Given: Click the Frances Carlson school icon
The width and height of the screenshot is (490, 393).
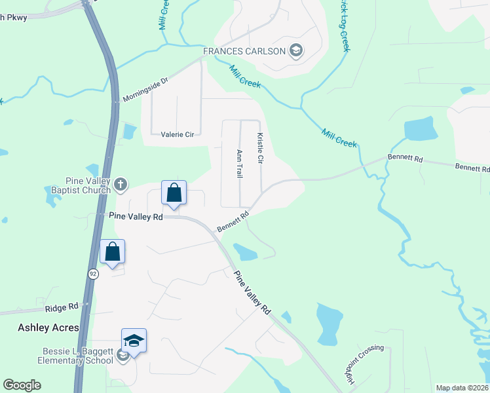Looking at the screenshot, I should coord(295,51).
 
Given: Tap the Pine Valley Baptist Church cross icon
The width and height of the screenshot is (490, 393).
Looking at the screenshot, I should coord(120,185).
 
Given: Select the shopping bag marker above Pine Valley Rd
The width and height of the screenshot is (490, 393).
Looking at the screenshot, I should coord(174,193).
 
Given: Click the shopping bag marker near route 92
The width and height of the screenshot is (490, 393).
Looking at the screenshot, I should coord(112,252).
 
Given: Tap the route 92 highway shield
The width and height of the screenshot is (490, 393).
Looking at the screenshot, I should coord(94,274).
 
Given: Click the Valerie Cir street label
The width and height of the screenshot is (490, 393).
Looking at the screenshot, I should coord(178,134).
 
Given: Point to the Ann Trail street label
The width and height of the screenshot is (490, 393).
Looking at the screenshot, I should coord(240,162).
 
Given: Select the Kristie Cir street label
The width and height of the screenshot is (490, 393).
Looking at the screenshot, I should coord(260,149).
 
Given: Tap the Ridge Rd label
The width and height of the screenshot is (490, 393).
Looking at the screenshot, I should coord(62,306).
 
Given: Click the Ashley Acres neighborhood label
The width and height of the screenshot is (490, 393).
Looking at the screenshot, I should coord(48,327).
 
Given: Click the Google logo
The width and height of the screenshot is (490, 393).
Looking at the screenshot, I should coord(22,385).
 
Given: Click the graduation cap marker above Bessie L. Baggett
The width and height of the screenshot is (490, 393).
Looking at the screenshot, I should coord(134,341).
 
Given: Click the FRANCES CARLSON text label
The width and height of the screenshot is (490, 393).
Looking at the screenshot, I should coord(244,51).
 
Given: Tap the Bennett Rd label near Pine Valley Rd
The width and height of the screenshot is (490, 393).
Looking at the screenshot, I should coord(233,221).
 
